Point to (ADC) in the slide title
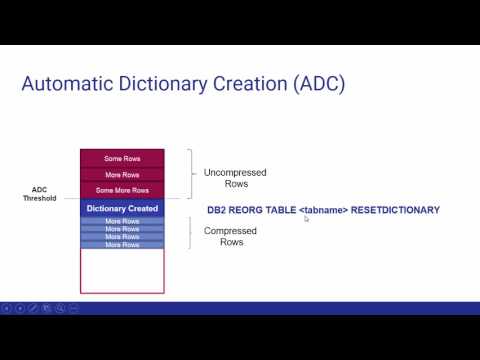[319, 84]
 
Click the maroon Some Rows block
[122, 158]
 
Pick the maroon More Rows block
[122, 174]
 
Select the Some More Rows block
[122, 190]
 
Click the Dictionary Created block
[122, 208]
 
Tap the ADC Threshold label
[41, 194]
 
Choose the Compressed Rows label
[230, 236]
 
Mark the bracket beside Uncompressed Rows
[190, 174]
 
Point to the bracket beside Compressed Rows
[190, 232]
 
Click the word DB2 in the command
[217, 210]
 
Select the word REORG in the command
[246, 210]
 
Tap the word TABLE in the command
[280, 210]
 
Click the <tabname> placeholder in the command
[323, 210]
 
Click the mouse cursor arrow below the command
[306, 219]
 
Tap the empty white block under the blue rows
[122, 270]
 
